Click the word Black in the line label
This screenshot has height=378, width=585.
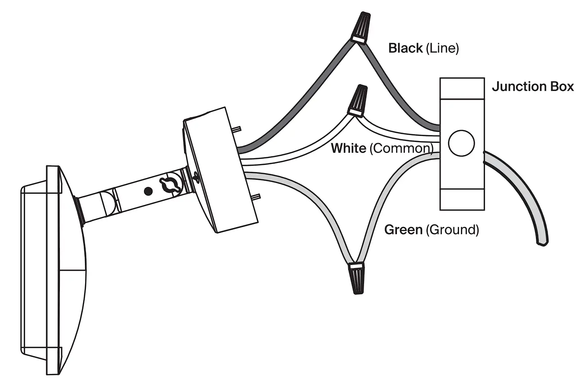coord(405,48)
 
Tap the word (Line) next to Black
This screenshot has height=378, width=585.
coord(442,48)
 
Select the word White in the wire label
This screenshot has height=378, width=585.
coord(348,148)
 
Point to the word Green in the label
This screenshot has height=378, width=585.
coord(403,230)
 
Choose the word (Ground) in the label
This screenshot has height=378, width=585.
coord(452,230)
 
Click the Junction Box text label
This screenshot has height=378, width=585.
coord(533,87)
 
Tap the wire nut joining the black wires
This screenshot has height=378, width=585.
coord(362,28)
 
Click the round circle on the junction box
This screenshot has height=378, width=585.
coord(462,143)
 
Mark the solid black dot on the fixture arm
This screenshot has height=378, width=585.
coord(148,191)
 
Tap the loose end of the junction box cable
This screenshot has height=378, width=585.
coord(542,241)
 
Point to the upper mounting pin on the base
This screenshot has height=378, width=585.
coord(237,129)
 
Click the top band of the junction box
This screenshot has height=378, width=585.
coord(462,89)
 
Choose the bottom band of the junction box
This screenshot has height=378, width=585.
coord(462,199)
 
